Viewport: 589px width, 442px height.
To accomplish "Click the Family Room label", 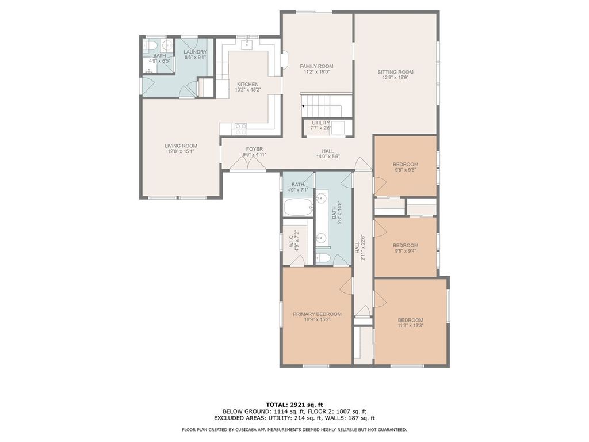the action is (x=316, y=67).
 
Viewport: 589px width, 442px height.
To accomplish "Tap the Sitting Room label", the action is (x=395, y=72).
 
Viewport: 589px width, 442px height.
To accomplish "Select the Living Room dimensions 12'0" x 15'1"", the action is (x=181, y=151).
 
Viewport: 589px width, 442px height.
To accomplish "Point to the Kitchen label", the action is (x=247, y=85).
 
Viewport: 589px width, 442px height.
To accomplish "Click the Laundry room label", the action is (x=196, y=52).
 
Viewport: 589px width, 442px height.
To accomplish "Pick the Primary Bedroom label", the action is (x=317, y=314).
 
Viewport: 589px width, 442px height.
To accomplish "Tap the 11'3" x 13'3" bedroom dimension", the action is (x=411, y=326).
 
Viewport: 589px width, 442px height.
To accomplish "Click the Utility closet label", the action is (x=321, y=123).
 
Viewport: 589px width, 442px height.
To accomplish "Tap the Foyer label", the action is (x=254, y=149).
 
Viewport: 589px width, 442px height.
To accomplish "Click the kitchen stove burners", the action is (x=240, y=129).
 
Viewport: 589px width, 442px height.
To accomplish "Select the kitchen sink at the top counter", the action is (x=247, y=43).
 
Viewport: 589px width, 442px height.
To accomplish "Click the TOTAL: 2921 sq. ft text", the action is (x=294, y=405).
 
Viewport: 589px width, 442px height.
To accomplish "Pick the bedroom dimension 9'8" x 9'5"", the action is (x=406, y=170).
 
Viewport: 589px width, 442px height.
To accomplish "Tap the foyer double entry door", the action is (x=248, y=162).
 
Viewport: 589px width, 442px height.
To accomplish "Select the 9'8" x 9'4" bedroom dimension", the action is (x=406, y=251).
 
